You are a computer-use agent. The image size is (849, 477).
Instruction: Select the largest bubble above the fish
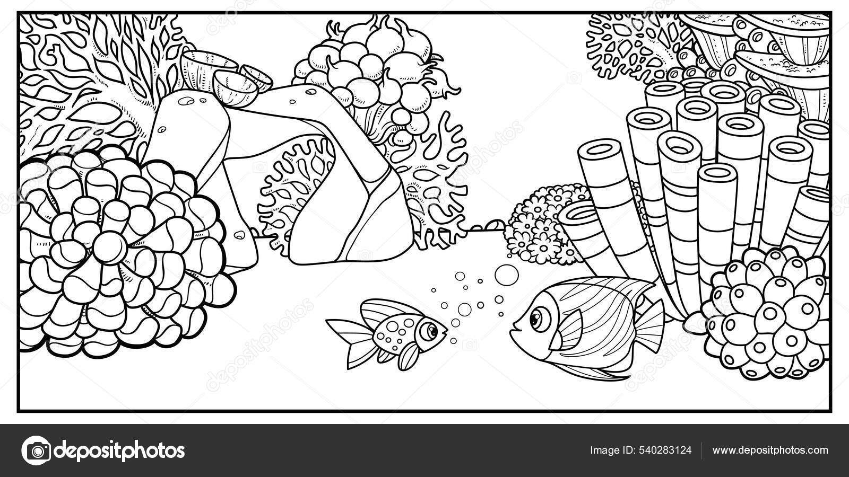pyautogui.click(x=506, y=275)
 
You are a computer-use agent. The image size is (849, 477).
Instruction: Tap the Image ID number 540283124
pyautogui.click(x=665, y=450)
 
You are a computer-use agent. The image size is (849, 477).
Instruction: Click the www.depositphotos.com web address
pyautogui.click(x=770, y=450)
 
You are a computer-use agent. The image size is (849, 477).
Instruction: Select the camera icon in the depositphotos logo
pyautogui.click(x=37, y=450)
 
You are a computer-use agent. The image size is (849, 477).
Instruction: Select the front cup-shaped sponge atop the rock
pyautogui.click(x=235, y=89)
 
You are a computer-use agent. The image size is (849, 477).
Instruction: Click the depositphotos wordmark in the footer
pyautogui.click(x=119, y=450)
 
